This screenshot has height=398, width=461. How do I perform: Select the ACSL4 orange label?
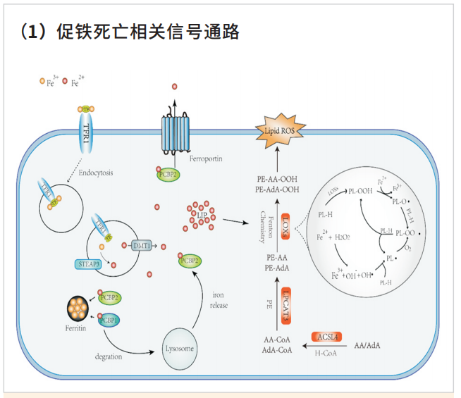click(x=329, y=337)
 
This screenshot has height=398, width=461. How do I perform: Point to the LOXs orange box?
click(x=286, y=226)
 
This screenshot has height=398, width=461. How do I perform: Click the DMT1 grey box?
click(x=141, y=245)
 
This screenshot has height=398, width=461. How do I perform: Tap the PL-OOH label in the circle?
click(x=361, y=190)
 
